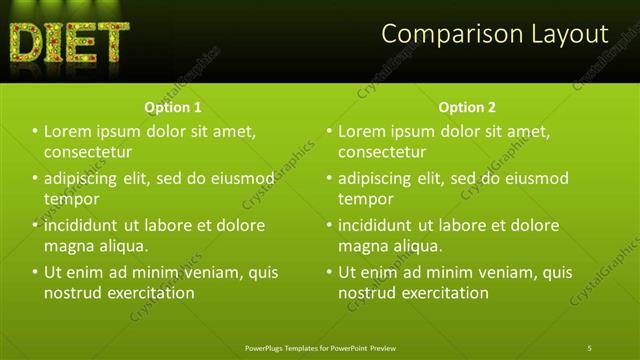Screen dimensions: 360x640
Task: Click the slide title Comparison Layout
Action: click(495, 34)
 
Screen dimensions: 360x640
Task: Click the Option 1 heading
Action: click(173, 107)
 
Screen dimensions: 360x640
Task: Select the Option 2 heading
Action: click(467, 107)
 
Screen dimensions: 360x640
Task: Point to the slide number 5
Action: click(590, 347)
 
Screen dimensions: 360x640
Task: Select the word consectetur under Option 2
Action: click(382, 152)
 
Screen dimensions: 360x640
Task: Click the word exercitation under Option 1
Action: click(149, 293)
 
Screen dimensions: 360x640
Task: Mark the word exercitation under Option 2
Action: click(443, 293)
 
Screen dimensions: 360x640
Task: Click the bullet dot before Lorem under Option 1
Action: click(35, 131)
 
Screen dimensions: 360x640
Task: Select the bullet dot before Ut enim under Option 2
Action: click(329, 272)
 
